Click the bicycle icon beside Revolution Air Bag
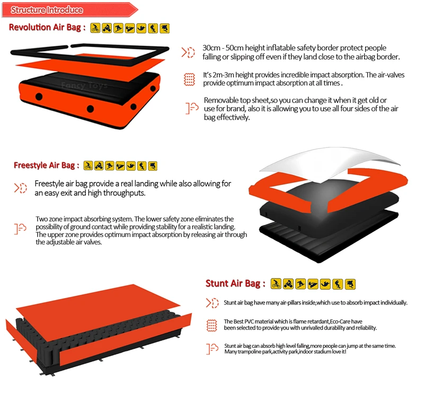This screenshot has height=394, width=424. tap(95, 28)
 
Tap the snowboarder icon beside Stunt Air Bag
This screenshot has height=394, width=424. tap(301, 284)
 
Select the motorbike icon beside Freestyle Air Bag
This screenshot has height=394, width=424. tap(99, 165)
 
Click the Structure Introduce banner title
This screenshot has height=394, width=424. tap(47, 10)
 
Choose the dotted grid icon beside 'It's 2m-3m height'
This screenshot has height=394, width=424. tap(189, 80)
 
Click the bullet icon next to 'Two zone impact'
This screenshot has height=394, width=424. tap(20, 229)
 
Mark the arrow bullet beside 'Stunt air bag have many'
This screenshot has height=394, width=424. tap(212, 303)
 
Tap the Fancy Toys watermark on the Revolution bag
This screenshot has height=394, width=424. tap(84, 85)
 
